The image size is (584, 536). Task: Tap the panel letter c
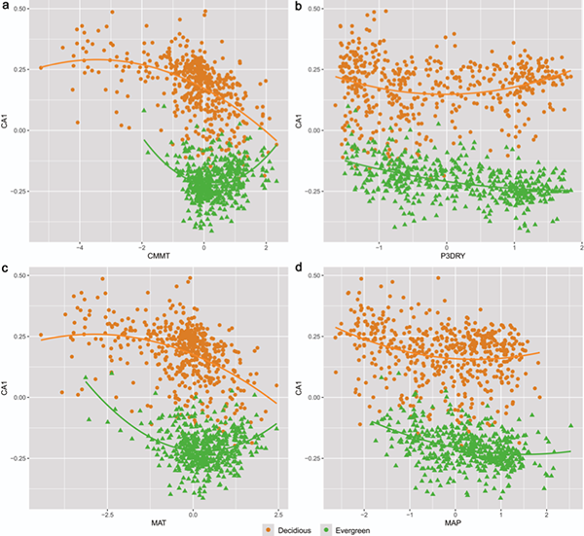(6, 269)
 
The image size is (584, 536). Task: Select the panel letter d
(299, 269)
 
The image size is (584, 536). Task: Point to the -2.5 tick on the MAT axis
(109, 512)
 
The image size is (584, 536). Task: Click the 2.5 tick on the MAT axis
(277, 512)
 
